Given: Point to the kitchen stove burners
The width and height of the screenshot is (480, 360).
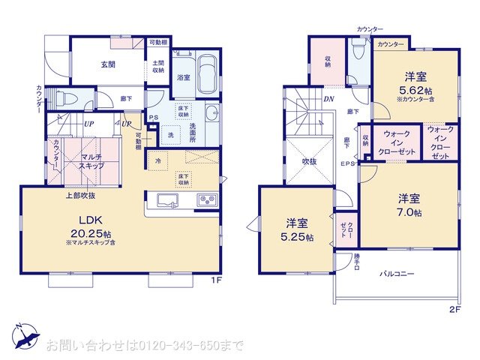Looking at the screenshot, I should (206, 201).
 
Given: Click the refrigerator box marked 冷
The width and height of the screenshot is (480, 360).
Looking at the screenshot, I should (159, 160).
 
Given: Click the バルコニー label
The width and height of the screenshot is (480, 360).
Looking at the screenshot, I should (397, 274).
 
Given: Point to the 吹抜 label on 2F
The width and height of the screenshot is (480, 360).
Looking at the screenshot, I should (310, 161).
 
